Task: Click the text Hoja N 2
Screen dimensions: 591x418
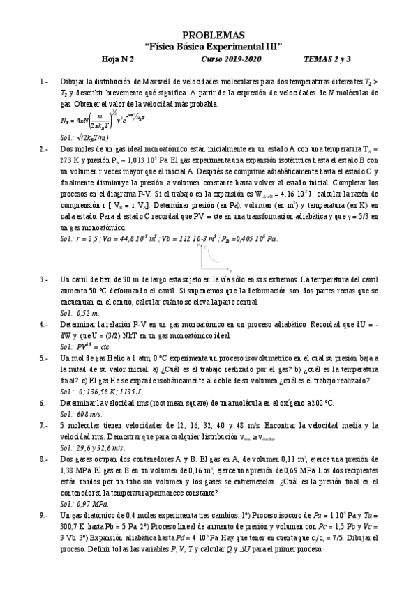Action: pos(127,59)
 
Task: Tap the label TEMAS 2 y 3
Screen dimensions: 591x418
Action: pos(332,59)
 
